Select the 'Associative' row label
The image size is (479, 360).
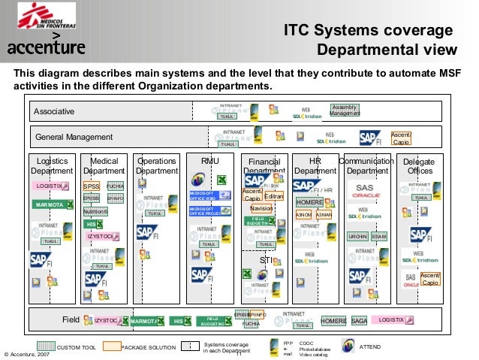click(x=53, y=112)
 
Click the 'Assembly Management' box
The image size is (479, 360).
click(x=345, y=110)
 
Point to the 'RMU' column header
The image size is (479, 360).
click(x=210, y=162)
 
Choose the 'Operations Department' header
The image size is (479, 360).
click(x=156, y=166)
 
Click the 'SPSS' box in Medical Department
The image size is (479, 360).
click(x=92, y=186)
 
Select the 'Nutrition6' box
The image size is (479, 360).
click(x=95, y=211)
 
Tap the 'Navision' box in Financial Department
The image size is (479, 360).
click(x=261, y=208)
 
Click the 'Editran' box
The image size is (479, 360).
click(x=275, y=195)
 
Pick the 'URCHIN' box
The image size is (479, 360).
click(x=358, y=236)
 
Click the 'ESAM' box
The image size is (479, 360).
click(x=379, y=236)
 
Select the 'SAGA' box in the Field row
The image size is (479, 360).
click(x=359, y=321)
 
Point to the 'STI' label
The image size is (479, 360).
click(x=265, y=261)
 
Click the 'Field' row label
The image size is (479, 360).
click(x=71, y=320)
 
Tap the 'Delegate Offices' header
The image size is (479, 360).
click(x=418, y=166)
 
